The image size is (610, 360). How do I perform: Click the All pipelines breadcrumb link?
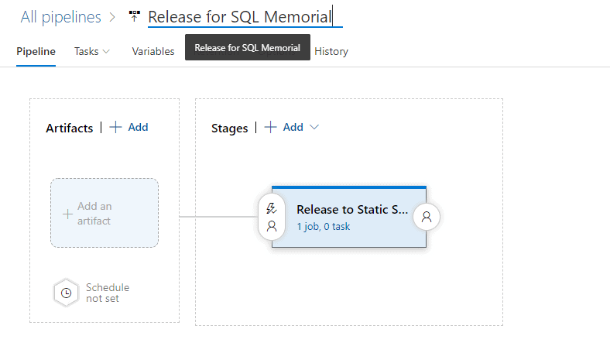pyautogui.click(x=61, y=17)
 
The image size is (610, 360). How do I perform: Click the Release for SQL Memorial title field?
pyautogui.click(x=240, y=16)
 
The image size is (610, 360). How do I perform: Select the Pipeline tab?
pyautogui.click(x=36, y=51)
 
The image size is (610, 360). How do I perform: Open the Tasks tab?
pyautogui.click(x=86, y=51)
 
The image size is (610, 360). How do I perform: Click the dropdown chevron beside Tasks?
pyautogui.click(x=106, y=51)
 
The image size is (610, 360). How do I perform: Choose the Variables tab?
pyautogui.click(x=153, y=51)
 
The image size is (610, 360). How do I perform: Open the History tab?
pyautogui.click(x=331, y=51)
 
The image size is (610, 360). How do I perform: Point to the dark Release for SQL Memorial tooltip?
pyautogui.click(x=248, y=47)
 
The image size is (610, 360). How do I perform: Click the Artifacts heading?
pyautogui.click(x=69, y=128)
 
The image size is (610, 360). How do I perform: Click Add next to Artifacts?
pyautogui.click(x=129, y=127)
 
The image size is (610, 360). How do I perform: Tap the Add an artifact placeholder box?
pyautogui.click(x=105, y=213)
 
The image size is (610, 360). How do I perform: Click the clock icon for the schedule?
pyautogui.click(x=67, y=293)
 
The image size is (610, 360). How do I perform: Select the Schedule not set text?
pyautogui.click(x=107, y=293)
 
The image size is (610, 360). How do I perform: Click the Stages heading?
pyautogui.click(x=229, y=128)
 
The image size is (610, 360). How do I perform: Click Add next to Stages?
pyautogui.click(x=284, y=127)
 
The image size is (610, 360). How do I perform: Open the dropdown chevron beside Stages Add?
pyautogui.click(x=314, y=127)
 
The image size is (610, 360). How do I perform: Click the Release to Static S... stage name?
pyautogui.click(x=352, y=209)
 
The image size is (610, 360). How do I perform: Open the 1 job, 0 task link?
pyautogui.click(x=324, y=227)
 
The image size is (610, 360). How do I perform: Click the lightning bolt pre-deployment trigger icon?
pyautogui.click(x=271, y=207)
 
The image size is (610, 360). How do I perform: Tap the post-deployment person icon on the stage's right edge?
pyautogui.click(x=427, y=218)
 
